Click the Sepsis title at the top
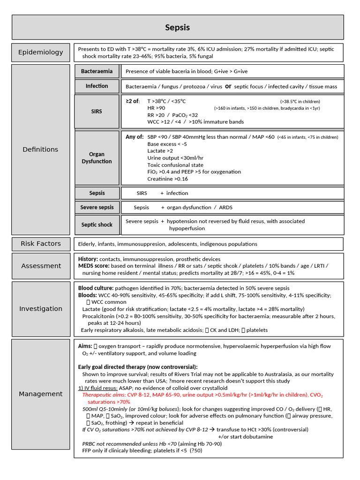(177, 28)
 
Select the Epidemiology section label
(41, 52)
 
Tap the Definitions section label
(41, 149)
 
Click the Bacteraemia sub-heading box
(97, 71)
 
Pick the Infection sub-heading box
(97, 86)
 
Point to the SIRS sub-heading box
(97, 112)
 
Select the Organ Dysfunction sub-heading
(97, 157)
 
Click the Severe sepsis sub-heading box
(97, 207)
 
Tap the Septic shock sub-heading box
(97, 225)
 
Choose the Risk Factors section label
(41, 244)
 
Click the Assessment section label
(41, 266)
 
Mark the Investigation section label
(41, 308)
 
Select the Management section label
(41, 394)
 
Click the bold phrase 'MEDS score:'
(94, 266)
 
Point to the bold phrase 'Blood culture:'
(96, 288)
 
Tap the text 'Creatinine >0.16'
(167, 179)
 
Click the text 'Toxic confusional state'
(175, 165)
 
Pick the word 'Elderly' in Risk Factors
(87, 244)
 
